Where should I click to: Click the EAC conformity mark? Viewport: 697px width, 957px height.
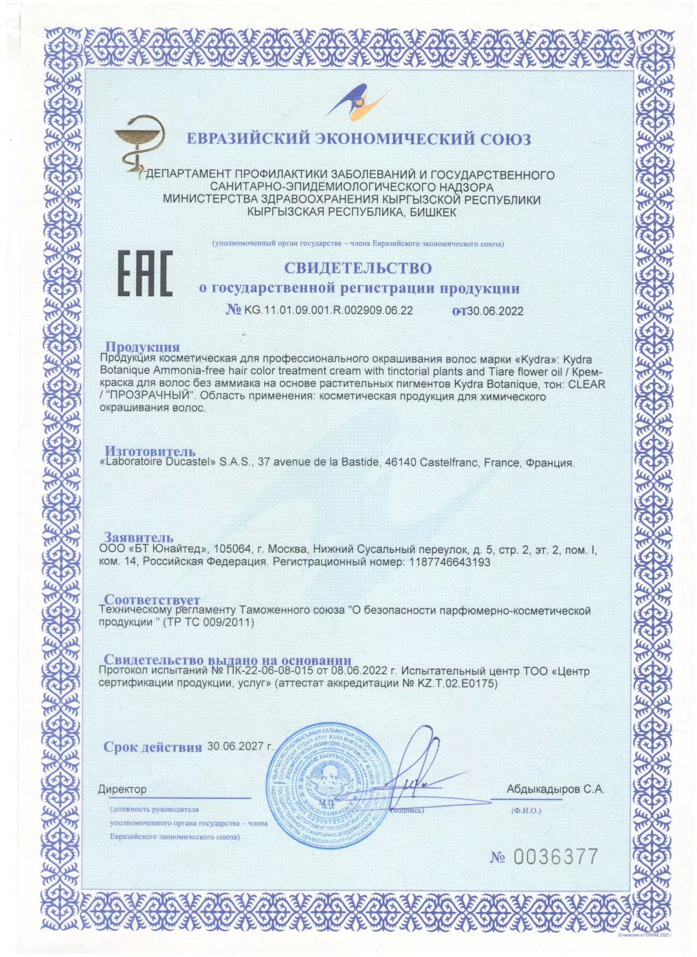[145, 273]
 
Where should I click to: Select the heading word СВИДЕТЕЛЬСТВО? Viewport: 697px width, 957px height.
[358, 268]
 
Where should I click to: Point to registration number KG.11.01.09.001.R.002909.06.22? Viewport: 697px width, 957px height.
[328, 310]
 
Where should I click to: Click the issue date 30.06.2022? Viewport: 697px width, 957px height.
[495, 311]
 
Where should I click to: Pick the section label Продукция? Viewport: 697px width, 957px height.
[142, 347]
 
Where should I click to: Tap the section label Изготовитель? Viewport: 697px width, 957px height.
[150, 451]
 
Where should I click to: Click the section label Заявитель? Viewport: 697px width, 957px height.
[139, 537]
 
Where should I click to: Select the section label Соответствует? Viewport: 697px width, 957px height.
[152, 600]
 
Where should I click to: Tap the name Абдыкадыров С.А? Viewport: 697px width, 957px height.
[555, 789]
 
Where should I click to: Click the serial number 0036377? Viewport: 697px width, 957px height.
[555, 856]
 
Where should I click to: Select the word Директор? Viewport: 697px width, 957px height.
[122, 789]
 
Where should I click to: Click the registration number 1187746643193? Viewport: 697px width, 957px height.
[449, 562]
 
